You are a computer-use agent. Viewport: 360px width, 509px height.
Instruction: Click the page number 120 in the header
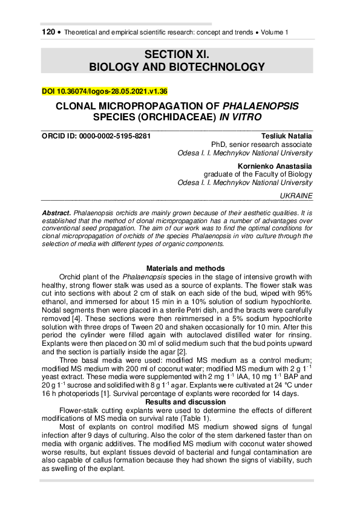(48, 31)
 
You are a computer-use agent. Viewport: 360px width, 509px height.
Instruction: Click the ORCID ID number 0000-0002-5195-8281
(116, 136)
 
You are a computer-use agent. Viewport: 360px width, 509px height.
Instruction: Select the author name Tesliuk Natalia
(287, 136)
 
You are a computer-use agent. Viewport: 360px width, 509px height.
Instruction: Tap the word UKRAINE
(297, 196)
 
